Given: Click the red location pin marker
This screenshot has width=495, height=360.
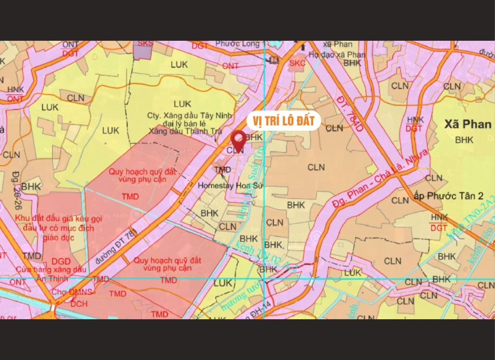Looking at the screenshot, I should click(x=238, y=140).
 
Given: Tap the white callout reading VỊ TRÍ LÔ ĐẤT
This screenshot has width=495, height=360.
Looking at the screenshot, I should click(x=283, y=121).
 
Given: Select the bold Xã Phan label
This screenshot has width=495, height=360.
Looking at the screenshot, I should click(x=468, y=124).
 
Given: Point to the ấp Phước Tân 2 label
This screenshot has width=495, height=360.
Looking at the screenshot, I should click(x=453, y=196).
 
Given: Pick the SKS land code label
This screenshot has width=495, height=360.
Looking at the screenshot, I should click(x=145, y=44).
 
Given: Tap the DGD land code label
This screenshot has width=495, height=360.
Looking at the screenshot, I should click(x=61, y=262).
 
